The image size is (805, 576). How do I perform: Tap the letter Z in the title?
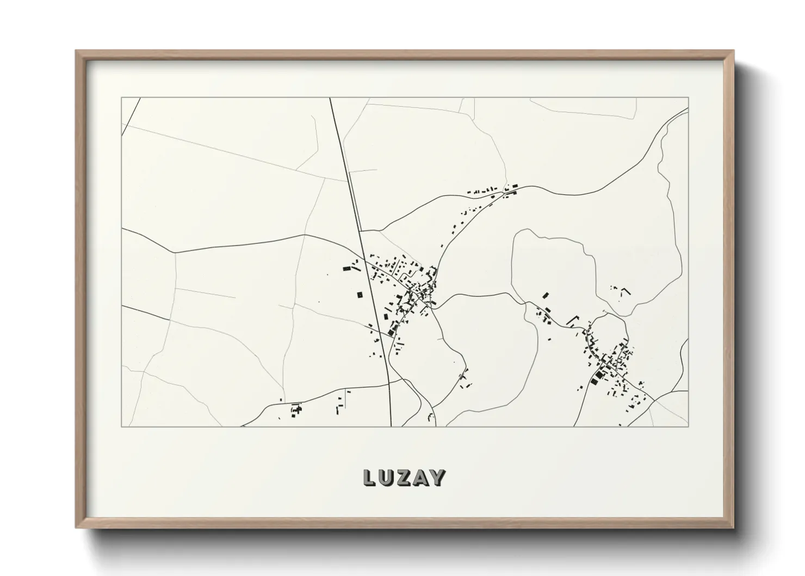(x=404, y=478)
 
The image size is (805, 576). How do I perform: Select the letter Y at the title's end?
(x=438, y=478)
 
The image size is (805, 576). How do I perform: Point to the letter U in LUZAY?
(x=386, y=478)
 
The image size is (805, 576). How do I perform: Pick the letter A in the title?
(x=420, y=478)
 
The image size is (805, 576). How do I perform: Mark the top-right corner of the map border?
(x=689, y=98)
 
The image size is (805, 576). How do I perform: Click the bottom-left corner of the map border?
(x=122, y=426)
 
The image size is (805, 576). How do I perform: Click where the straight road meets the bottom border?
(x=391, y=426)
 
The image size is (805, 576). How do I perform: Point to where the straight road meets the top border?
(x=330, y=98)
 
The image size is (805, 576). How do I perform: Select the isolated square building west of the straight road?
(x=359, y=295)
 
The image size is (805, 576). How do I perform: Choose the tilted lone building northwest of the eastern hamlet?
(x=546, y=296)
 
